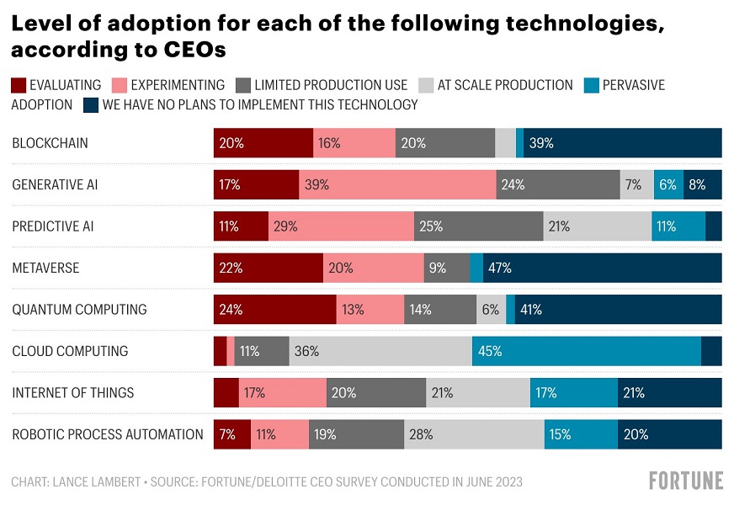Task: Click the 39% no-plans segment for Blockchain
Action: [622, 143]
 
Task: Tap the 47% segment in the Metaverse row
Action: [602, 268]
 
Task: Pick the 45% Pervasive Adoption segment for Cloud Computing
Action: [586, 351]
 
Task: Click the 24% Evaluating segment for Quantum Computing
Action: [274, 309]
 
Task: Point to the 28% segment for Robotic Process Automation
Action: [474, 434]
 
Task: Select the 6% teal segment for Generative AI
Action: [668, 184]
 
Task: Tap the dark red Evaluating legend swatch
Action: [19, 85]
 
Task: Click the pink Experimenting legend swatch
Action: [119, 85]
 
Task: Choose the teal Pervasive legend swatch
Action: [591, 85]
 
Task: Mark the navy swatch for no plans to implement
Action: [90, 105]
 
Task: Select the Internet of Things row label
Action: [73, 393]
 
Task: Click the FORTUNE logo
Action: [685, 481]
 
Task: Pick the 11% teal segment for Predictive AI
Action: [678, 226]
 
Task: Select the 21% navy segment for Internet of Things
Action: [670, 392]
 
